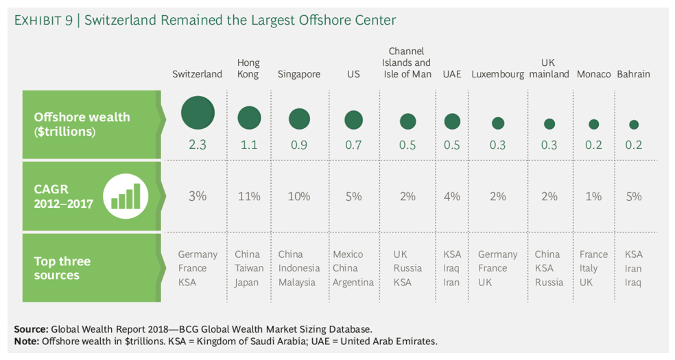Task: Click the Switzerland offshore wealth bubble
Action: [198, 112]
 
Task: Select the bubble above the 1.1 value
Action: [249, 118]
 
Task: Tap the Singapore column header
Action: [299, 74]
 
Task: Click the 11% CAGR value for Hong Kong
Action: [249, 196]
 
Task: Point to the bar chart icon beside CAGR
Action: [126, 196]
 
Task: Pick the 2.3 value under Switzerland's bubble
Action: [198, 145]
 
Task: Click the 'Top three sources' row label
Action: [62, 268]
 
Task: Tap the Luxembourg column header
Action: [498, 74]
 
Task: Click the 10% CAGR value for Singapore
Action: [299, 196]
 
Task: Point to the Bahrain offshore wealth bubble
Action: [634, 125]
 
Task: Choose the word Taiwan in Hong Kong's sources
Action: [249, 268]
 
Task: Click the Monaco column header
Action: [594, 74]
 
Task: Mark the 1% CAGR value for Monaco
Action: [594, 196]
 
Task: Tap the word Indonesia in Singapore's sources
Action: [299, 268]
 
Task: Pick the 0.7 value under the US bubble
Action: [353, 145]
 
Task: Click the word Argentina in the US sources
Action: [353, 282]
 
